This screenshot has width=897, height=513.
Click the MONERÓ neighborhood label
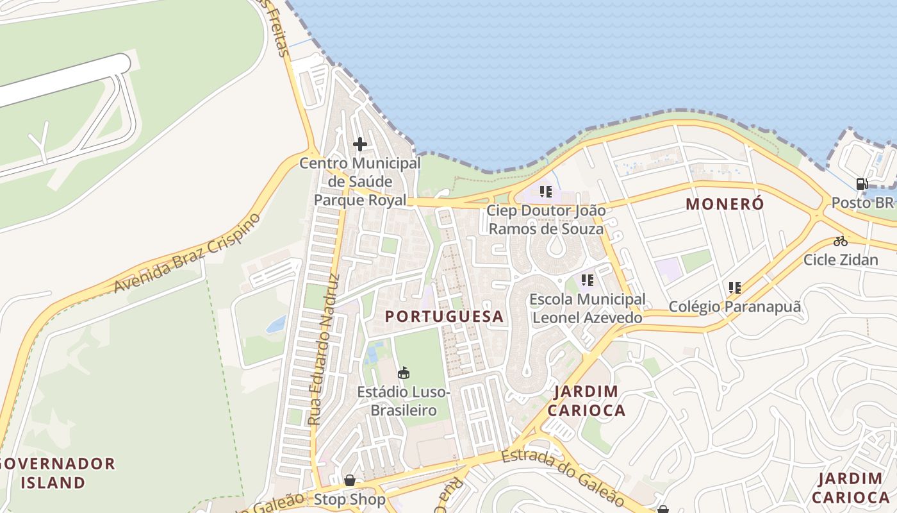pos(725,204)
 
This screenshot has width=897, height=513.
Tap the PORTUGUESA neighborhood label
pos(444,316)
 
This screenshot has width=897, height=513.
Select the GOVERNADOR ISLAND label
pos(58,473)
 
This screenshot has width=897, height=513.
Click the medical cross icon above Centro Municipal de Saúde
pos(360,144)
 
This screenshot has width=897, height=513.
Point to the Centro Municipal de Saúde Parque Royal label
pos(360,181)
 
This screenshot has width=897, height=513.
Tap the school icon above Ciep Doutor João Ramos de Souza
pos(545,191)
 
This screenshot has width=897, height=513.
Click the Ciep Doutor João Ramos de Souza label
pos(546,219)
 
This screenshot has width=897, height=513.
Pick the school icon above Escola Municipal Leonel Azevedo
pos(587,280)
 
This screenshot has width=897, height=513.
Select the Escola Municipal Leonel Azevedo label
pos(588,308)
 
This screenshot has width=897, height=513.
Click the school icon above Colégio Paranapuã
pos(734,288)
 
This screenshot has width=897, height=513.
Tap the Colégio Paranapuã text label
pos(735,307)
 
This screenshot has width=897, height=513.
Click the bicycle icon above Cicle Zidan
pos(841,241)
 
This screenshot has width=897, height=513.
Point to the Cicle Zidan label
pos(841,260)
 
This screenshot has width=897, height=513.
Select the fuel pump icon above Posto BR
pos(862,184)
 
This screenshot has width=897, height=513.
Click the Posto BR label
pos(862,203)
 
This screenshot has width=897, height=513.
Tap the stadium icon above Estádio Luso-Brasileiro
pos(404,373)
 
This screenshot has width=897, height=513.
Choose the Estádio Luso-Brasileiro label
pos(404,401)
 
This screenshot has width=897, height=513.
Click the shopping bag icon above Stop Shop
pos(350,480)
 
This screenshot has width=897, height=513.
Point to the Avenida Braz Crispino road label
pos(187,253)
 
